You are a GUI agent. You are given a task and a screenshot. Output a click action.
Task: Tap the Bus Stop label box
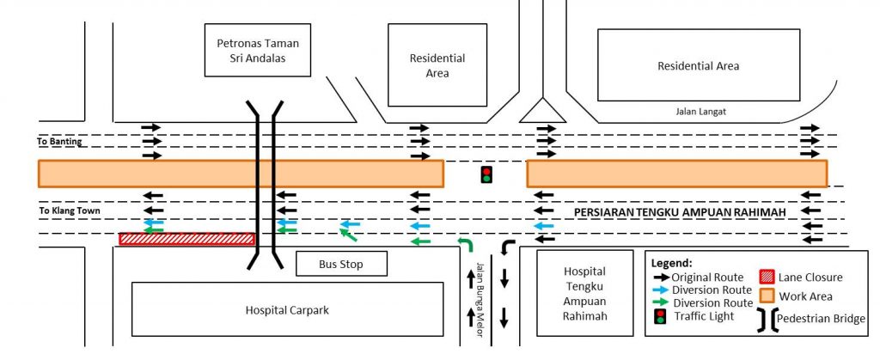[x=341, y=264]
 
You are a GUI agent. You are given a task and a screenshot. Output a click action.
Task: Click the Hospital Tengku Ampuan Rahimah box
[x=584, y=292]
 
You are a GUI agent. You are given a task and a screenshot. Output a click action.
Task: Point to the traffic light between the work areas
[x=486, y=174]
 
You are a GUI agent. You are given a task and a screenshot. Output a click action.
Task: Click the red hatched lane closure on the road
[x=187, y=239]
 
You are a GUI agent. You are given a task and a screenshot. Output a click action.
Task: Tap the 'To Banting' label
[x=60, y=142]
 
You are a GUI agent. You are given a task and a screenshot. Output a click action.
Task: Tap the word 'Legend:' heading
[x=672, y=262]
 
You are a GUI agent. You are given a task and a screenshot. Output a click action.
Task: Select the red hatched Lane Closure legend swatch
[x=766, y=277]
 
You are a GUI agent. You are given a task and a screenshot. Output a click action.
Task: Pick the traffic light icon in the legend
[x=660, y=316]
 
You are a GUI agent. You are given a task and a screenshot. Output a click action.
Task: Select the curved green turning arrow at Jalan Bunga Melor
[x=465, y=246]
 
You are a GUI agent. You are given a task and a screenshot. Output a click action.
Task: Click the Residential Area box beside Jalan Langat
[x=698, y=65]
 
